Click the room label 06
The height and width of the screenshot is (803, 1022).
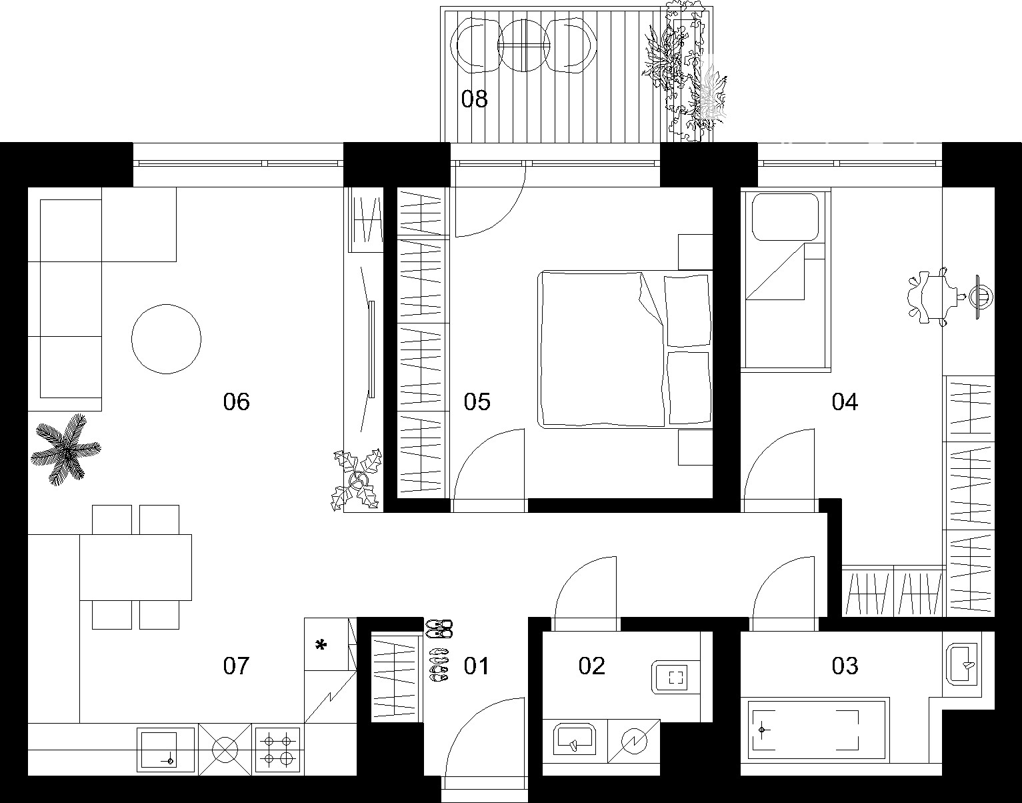point(236,401)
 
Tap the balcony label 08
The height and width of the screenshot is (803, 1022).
point(474,99)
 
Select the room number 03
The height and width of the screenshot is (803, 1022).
point(845,666)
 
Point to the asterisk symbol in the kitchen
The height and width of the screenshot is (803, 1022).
point(321,646)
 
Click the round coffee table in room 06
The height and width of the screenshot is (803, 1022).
point(166,339)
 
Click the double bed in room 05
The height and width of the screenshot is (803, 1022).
point(625,349)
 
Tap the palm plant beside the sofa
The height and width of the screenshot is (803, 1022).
point(66,450)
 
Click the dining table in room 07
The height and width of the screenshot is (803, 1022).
point(135,568)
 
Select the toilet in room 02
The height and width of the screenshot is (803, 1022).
point(675,678)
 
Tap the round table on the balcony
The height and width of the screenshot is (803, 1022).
point(523,45)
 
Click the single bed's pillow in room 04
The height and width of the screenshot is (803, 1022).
point(785,217)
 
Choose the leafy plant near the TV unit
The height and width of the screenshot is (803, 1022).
point(357,480)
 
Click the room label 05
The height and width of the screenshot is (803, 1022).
point(477,401)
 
